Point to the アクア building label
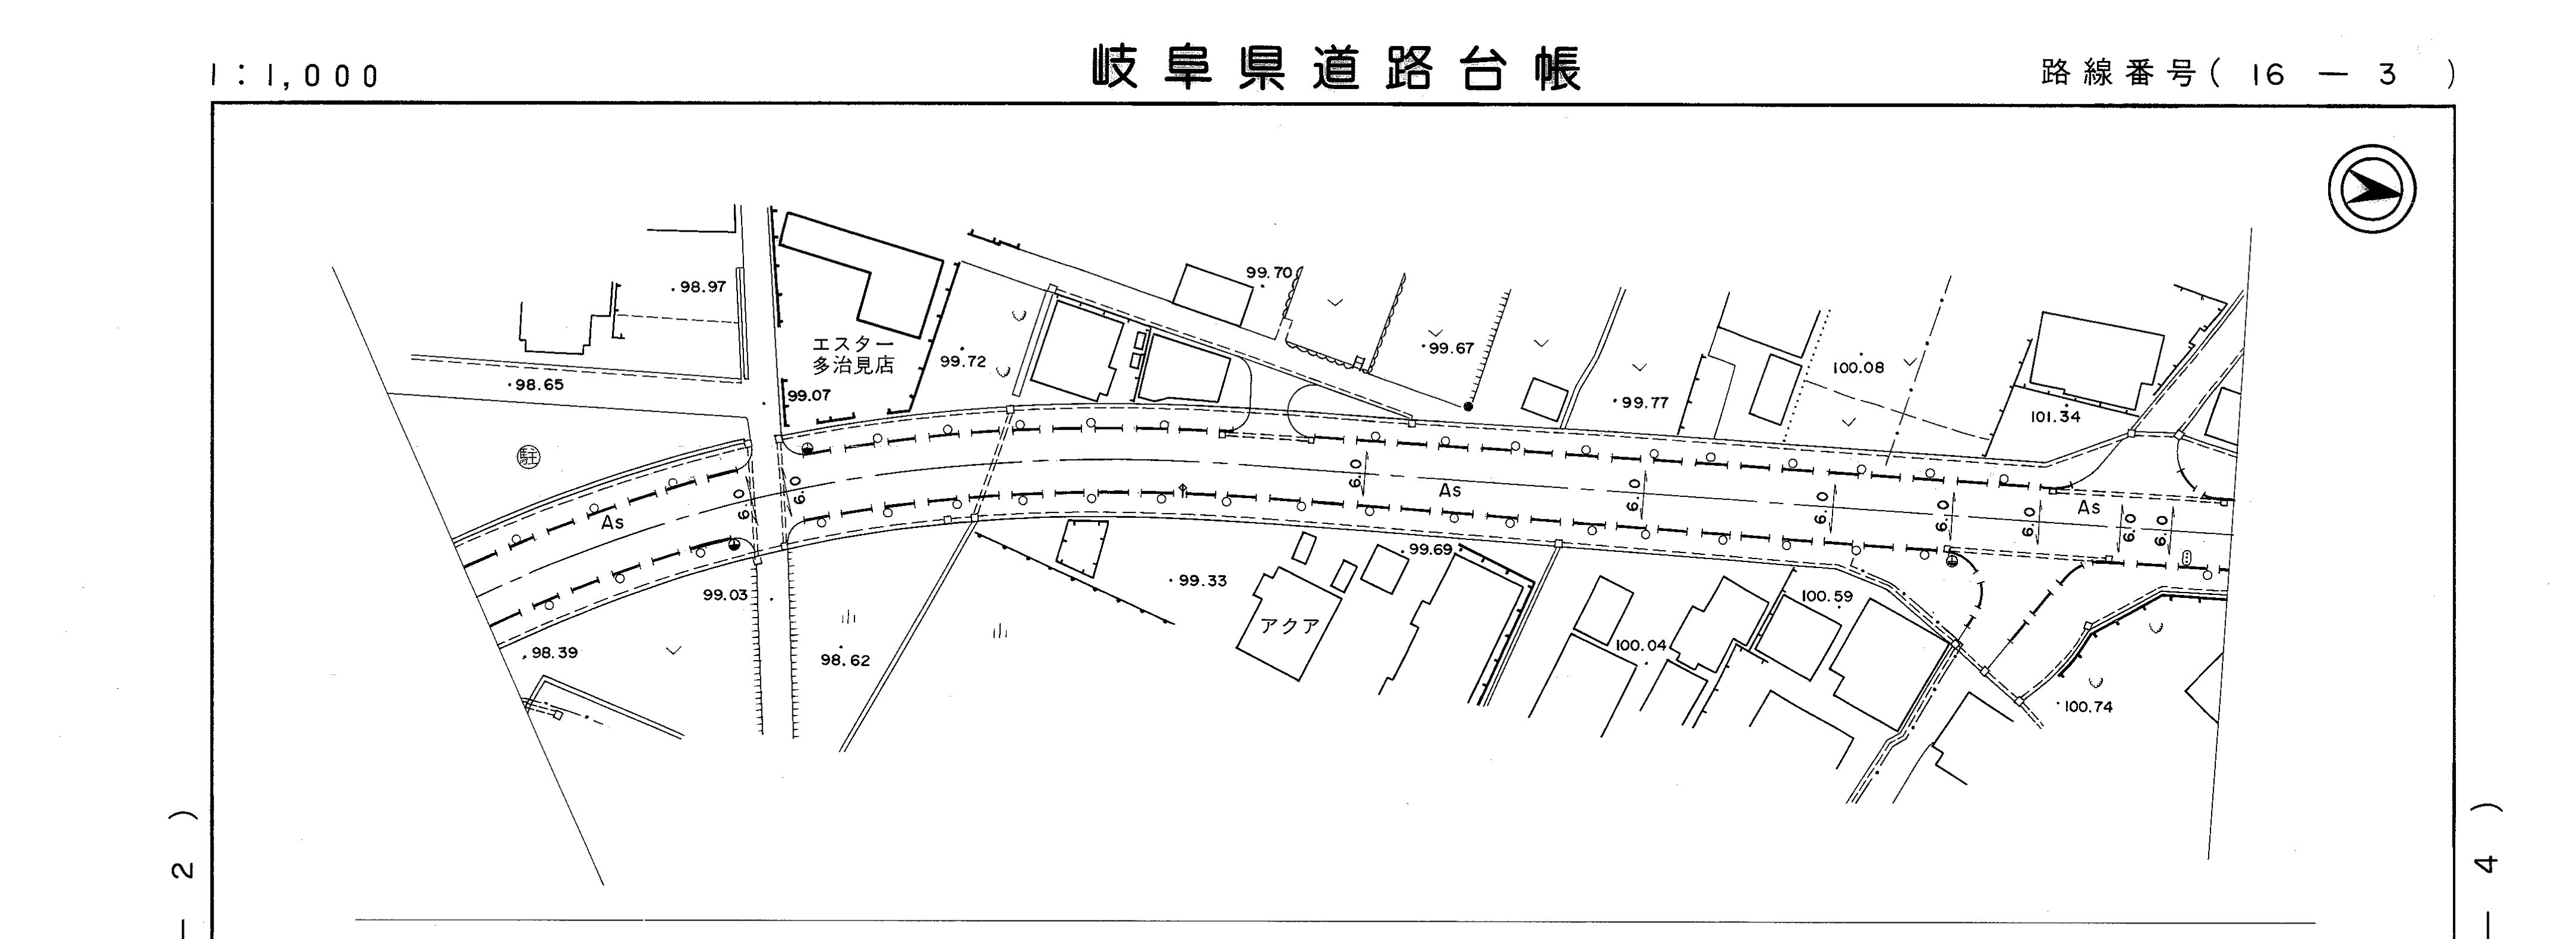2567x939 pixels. pyautogui.click(x=1290, y=626)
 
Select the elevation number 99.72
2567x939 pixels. pyautogui.click(x=963, y=361)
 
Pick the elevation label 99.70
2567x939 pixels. pyautogui.click(x=1268, y=272)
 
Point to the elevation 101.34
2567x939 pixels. pyautogui.click(x=2056, y=417)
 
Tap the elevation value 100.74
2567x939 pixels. pyautogui.click(x=2088, y=707)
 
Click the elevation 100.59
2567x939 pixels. pyautogui.click(x=1827, y=596)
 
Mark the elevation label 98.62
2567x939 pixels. pyautogui.click(x=845, y=660)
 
